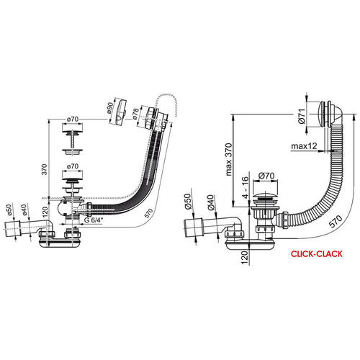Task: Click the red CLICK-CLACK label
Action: point(317,254)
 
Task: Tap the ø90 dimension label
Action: point(109,108)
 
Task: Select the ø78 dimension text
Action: point(135,114)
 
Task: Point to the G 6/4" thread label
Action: point(94,220)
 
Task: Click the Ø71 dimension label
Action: point(302,116)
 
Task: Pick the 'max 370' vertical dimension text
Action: point(229,159)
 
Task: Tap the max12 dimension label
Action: point(304,145)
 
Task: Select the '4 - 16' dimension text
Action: point(245,187)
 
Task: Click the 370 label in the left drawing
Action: point(45,169)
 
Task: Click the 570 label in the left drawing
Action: point(148,213)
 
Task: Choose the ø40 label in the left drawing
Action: point(23,210)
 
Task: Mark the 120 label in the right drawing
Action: point(245,258)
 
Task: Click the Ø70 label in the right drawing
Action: point(266,176)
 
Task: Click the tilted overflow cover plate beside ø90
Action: point(120,112)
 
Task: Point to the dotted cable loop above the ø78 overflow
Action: point(165,104)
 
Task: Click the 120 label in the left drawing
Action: point(45,211)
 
